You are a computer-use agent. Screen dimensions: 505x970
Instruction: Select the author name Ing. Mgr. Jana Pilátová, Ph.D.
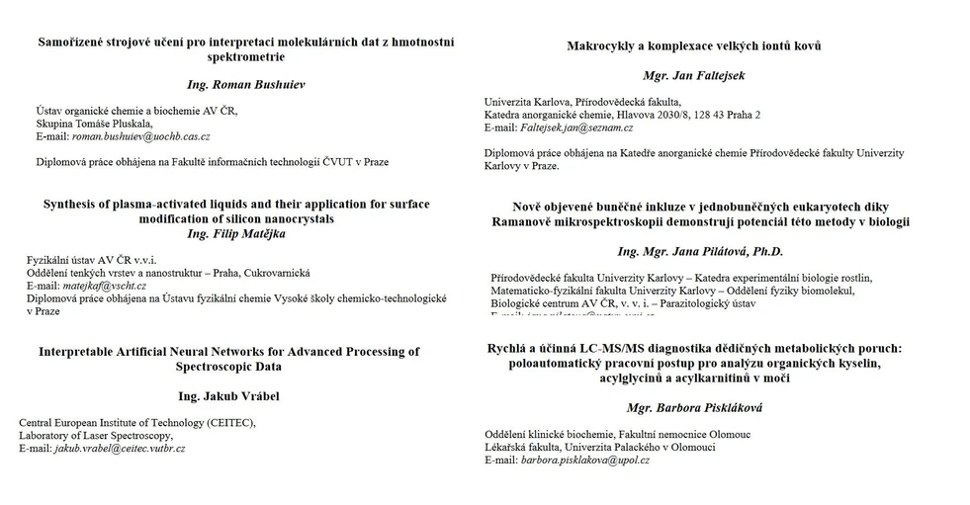tap(699, 252)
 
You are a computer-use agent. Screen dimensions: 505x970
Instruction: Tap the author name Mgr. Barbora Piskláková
tap(694, 406)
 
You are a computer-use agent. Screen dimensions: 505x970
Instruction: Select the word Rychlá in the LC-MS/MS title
tap(509, 348)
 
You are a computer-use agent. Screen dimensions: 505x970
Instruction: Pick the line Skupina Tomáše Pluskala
tap(95, 123)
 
